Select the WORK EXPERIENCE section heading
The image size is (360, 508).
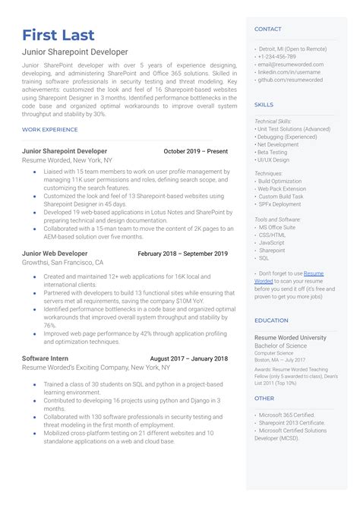(49, 130)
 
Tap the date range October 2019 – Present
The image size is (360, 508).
(195, 151)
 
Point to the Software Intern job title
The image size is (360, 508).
(46, 358)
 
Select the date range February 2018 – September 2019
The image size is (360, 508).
(182, 254)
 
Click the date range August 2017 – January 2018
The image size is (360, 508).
(188, 358)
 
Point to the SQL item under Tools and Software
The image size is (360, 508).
(264, 258)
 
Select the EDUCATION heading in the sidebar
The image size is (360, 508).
(272, 320)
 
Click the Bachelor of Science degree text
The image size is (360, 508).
(282, 346)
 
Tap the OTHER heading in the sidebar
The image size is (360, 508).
(264, 398)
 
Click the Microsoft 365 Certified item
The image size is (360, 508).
(287, 415)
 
